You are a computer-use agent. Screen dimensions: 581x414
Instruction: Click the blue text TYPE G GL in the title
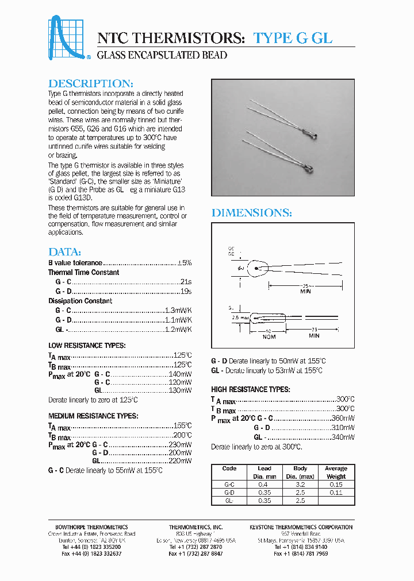(293, 38)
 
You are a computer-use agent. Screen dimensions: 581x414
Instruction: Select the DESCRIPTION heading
(91, 83)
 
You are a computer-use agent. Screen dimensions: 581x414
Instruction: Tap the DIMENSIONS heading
(252, 213)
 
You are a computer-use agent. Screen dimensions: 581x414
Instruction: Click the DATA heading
(64, 252)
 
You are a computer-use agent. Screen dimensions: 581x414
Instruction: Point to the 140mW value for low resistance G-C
(180, 374)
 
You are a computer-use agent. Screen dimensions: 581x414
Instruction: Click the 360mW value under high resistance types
(343, 418)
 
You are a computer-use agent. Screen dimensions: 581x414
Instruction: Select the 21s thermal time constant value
(185, 282)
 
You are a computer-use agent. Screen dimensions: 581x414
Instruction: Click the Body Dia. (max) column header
(300, 472)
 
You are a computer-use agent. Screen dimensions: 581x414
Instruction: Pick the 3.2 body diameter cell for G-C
(300, 485)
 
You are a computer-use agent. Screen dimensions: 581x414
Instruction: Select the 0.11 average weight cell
(336, 493)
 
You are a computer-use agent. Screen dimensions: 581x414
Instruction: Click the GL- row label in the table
(229, 501)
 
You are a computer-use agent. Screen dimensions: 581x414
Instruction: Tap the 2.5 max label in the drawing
(239, 317)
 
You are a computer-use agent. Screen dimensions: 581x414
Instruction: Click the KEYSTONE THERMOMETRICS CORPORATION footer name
(301, 527)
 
